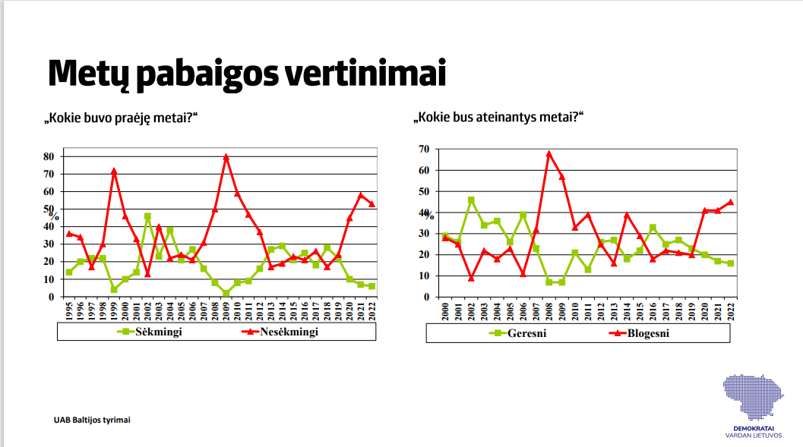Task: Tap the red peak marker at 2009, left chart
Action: coord(226,157)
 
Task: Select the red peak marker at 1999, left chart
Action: coord(114,172)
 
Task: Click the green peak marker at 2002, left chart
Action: coord(147,216)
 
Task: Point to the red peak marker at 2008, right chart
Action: coord(549,154)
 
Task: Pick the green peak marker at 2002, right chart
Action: coord(471,200)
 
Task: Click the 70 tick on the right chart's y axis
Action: coord(424,150)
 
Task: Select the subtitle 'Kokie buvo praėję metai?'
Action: coord(126,118)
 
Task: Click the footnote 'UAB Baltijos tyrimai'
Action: coord(91,419)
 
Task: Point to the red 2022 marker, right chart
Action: coord(730,202)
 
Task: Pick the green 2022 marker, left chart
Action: coord(371,286)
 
